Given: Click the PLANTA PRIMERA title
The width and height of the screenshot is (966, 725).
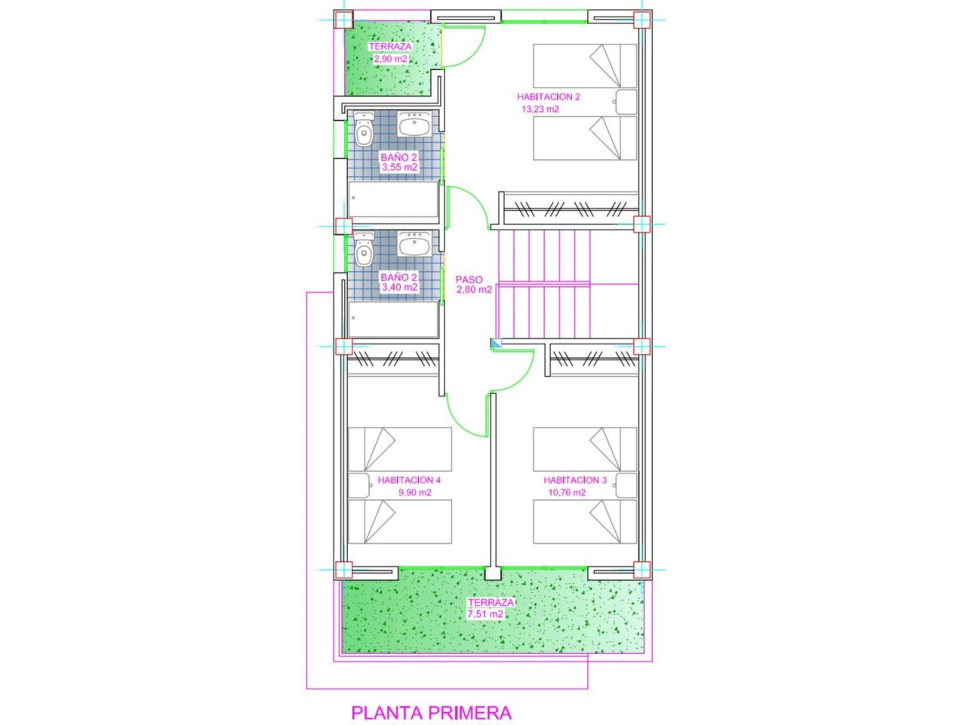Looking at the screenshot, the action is [x=431, y=713].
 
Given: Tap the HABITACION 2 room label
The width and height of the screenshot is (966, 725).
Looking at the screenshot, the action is [x=549, y=97].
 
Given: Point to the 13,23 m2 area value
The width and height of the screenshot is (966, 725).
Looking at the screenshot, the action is [x=540, y=110].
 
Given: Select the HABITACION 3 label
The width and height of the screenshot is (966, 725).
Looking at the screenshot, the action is [x=575, y=480].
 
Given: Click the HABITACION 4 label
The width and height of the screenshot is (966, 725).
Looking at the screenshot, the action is [x=409, y=480].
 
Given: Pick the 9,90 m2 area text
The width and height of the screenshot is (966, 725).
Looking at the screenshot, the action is [x=415, y=492].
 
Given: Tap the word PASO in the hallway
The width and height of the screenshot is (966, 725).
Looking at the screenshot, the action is [x=469, y=279].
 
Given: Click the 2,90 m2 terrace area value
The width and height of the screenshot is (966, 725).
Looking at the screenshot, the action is [x=391, y=59].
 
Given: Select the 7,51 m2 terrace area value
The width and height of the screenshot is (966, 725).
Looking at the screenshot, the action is [x=485, y=614].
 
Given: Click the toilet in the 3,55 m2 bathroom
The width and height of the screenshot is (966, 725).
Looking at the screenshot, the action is [x=364, y=129].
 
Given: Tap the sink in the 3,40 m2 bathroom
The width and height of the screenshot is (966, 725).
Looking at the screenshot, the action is [x=414, y=244].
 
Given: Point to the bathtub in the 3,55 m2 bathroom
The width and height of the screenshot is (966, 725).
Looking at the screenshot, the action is [x=393, y=199].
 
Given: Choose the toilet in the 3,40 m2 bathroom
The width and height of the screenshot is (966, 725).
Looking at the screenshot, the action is [x=364, y=249].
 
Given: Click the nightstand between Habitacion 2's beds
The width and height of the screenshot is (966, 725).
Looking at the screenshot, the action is [x=626, y=102].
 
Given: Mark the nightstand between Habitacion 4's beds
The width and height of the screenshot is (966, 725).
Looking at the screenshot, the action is [x=359, y=486].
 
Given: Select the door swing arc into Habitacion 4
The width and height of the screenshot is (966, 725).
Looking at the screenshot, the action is [x=459, y=423].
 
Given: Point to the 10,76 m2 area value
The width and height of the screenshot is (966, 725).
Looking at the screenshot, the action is [x=567, y=492].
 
